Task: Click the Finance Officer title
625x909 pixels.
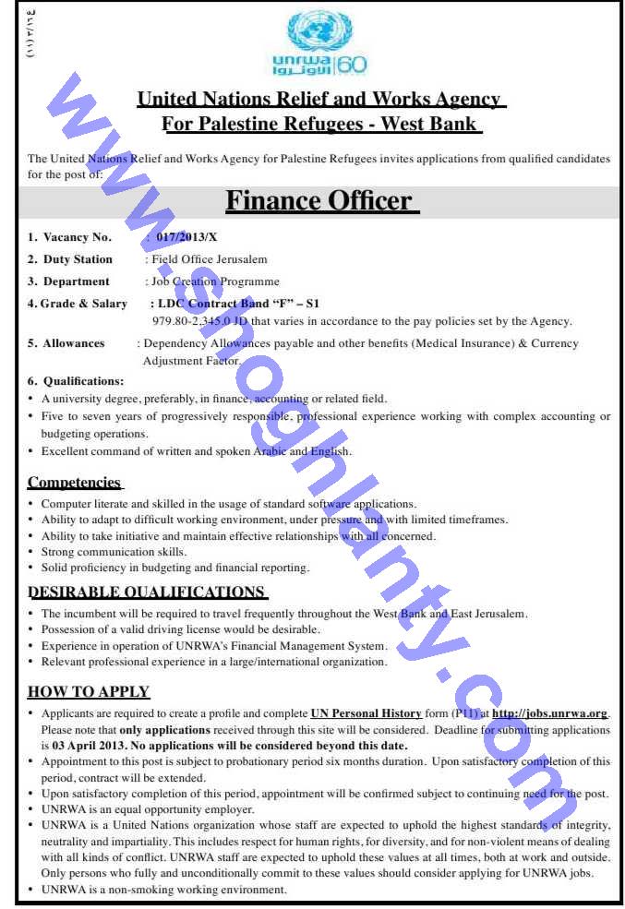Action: [x=319, y=201]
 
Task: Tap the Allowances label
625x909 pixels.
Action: [x=74, y=343]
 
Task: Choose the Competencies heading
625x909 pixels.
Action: [x=74, y=482]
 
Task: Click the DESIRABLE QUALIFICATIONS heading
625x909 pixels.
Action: [x=147, y=592]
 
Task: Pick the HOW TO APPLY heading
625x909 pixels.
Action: [x=89, y=691]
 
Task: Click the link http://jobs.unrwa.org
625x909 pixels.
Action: [x=550, y=713]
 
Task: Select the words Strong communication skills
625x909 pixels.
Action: [x=114, y=552]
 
